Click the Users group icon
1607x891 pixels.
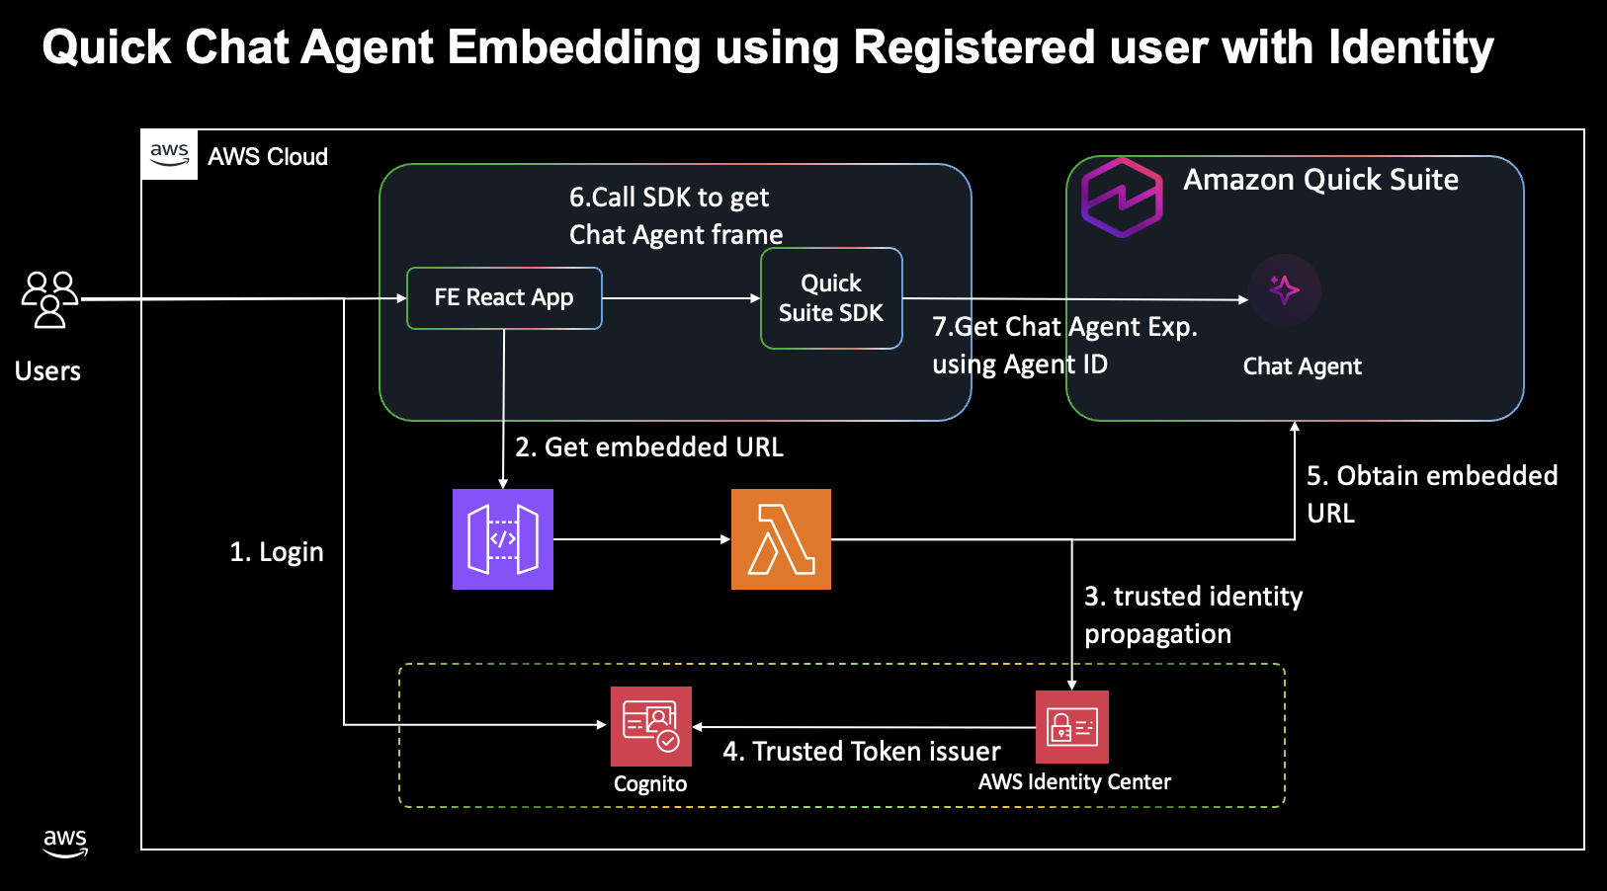(x=49, y=299)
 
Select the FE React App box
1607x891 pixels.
(x=504, y=298)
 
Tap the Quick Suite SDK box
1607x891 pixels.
(x=831, y=298)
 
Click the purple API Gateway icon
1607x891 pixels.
(x=503, y=539)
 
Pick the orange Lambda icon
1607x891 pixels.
(x=781, y=539)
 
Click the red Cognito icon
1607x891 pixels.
(x=650, y=726)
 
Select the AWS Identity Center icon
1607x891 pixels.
(x=1071, y=727)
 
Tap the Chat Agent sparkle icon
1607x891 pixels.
(x=1284, y=290)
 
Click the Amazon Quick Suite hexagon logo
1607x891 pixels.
(x=1122, y=198)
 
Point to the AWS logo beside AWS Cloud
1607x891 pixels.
(x=169, y=154)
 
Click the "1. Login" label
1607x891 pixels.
(x=276, y=552)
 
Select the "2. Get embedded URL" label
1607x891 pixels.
(x=649, y=447)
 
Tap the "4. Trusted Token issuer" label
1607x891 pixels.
(x=862, y=751)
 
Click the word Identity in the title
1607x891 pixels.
(x=1410, y=48)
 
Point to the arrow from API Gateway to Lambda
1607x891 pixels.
(x=642, y=539)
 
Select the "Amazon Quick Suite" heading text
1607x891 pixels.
(x=1320, y=179)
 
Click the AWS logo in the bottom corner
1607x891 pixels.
(x=65, y=843)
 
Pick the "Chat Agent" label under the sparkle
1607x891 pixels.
(x=1302, y=366)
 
